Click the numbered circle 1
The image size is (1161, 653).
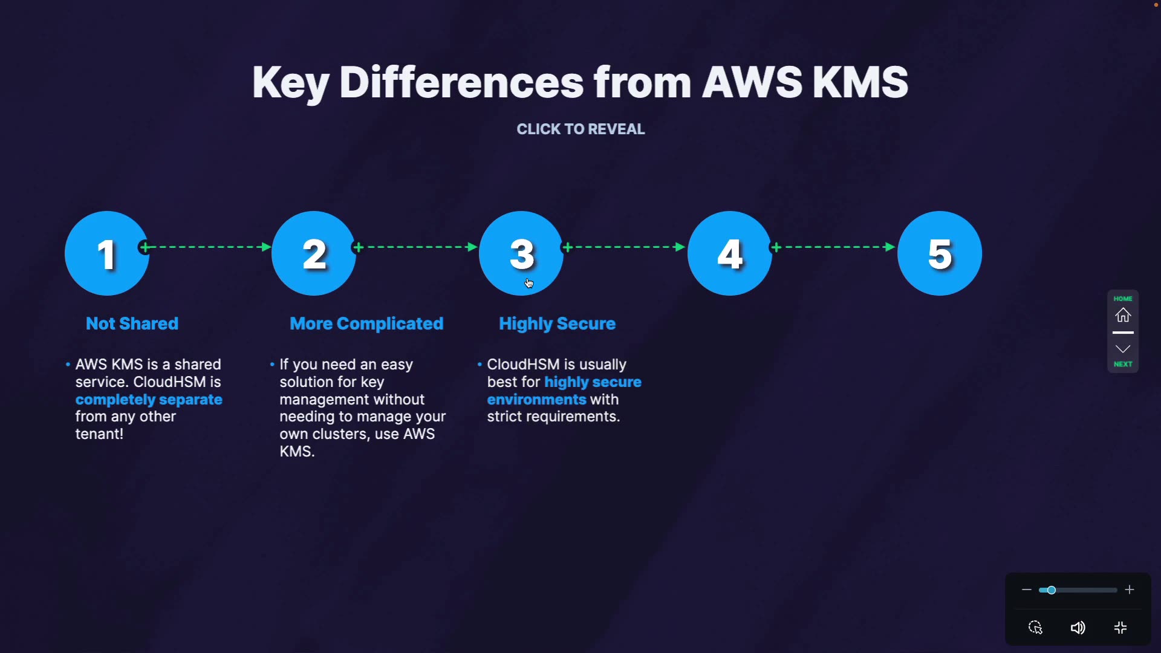coord(107,253)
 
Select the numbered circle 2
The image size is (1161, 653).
coord(314,253)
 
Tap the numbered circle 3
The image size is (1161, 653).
coord(521,253)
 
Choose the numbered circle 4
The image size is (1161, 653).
coord(730,253)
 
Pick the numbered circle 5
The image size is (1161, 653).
coord(940,253)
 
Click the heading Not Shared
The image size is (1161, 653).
coord(132,323)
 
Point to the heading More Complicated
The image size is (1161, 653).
coord(366,323)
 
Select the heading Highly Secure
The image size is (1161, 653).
coord(557,323)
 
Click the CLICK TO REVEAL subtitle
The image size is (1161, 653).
coord(580,129)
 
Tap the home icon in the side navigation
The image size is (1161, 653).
coord(1123,315)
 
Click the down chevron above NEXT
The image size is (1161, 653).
coord(1123,349)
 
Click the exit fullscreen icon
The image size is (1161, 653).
coord(1120,628)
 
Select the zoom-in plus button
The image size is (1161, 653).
coord(1130,590)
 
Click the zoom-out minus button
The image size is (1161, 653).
coord(1026,590)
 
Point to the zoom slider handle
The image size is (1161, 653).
coord(1052,590)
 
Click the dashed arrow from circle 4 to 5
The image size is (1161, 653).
coord(834,247)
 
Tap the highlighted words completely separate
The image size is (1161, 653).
coord(149,400)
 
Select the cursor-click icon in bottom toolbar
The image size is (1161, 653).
coord(1035,628)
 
